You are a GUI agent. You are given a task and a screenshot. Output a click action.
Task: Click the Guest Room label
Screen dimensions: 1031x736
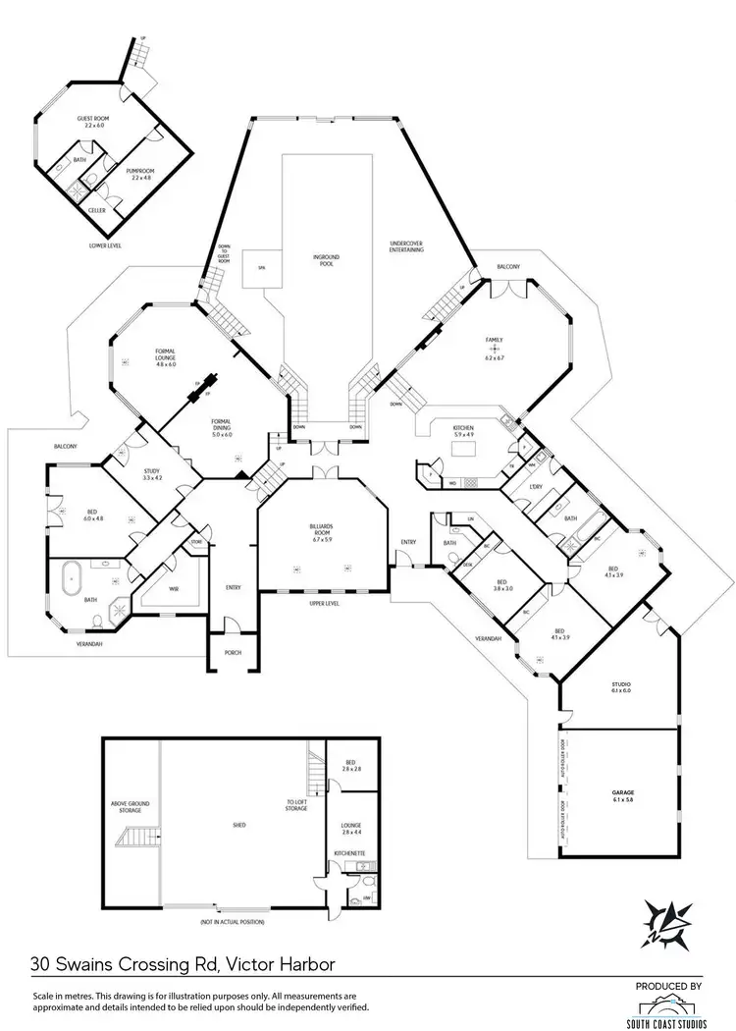(90, 121)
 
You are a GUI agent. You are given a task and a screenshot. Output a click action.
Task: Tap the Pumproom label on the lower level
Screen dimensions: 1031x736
(137, 172)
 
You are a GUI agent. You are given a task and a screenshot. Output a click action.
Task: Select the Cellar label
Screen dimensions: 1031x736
(97, 210)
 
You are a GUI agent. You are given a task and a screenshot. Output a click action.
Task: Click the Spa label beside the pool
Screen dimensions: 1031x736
(261, 267)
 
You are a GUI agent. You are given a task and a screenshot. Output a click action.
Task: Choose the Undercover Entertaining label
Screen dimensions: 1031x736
(406, 246)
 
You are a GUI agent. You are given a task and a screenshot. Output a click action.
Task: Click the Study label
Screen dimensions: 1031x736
(151, 474)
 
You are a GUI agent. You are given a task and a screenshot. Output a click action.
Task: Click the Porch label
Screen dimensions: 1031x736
(233, 652)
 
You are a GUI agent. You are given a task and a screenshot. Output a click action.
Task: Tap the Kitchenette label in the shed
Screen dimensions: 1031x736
(349, 853)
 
